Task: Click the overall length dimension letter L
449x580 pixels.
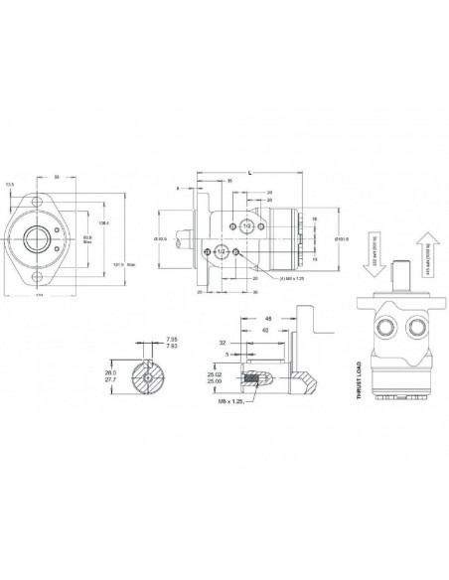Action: pyautogui.click(x=248, y=173)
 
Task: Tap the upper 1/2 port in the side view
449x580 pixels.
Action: pyautogui.click(x=247, y=225)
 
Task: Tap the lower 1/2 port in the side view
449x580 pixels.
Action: pyautogui.click(x=223, y=252)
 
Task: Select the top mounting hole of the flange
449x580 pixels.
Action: pyautogui.click(x=41, y=204)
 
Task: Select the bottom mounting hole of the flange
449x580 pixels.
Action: pyautogui.click(x=41, y=280)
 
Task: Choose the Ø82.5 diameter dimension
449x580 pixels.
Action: pyautogui.click(x=160, y=239)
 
